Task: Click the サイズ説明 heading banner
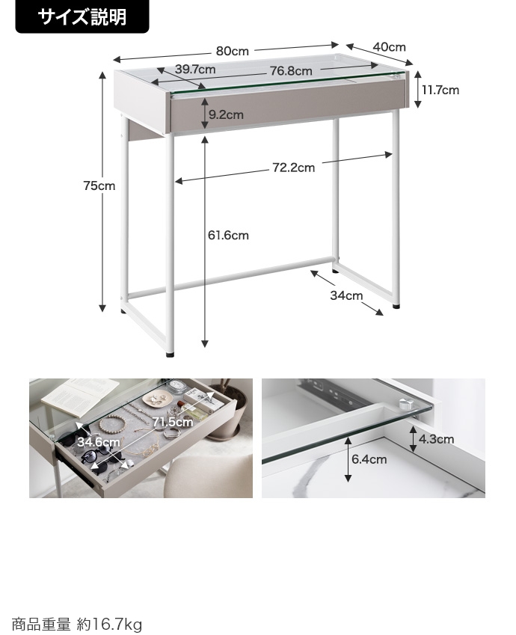click(82, 16)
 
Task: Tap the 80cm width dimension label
click(232, 51)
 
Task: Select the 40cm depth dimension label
click(389, 47)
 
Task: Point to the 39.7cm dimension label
click(195, 70)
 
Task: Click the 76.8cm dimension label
click(291, 71)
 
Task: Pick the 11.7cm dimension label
click(440, 90)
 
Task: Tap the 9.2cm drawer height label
click(226, 114)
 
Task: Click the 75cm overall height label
click(99, 186)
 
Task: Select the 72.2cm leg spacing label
click(294, 168)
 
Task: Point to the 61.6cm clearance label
click(228, 236)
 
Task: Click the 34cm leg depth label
click(346, 295)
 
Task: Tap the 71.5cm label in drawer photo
click(173, 422)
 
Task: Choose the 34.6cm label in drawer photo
click(99, 442)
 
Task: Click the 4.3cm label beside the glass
click(437, 439)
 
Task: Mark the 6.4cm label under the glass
click(369, 460)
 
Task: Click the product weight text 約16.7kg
click(109, 624)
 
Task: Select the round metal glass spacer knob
click(405, 404)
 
